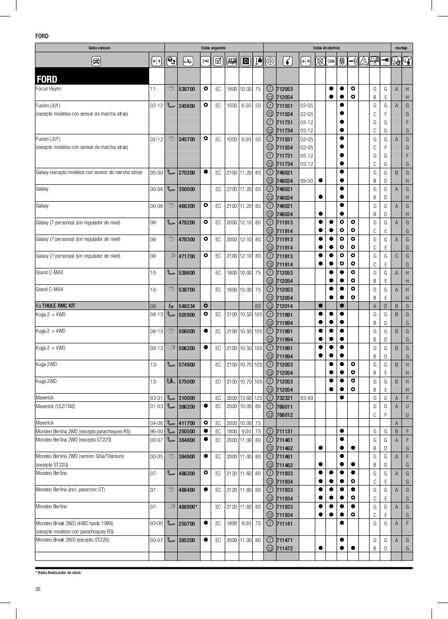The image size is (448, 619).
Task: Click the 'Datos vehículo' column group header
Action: click(x=99, y=48)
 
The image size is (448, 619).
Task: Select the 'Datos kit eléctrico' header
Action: click(x=326, y=48)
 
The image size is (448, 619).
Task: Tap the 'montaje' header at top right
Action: click(x=402, y=48)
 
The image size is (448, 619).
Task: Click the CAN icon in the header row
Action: click(x=331, y=61)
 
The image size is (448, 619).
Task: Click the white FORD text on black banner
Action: click(x=47, y=79)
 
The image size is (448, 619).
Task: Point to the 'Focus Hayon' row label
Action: click(x=48, y=89)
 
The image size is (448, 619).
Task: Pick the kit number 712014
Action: click(x=284, y=306)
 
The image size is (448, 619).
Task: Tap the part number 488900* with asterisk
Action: click(x=188, y=507)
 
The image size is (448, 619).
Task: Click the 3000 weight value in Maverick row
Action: click(x=232, y=398)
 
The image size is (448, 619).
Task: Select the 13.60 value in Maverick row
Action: click(x=246, y=398)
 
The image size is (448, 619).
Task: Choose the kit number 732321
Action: click(x=284, y=398)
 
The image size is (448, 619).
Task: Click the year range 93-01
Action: click(x=156, y=398)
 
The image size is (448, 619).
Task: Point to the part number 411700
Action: click(x=186, y=423)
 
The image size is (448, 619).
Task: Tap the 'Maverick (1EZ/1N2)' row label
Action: click(x=55, y=406)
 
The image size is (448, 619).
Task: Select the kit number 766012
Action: click(x=284, y=415)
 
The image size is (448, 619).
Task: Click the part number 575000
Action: click(x=186, y=382)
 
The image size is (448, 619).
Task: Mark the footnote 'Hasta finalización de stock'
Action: click(x=59, y=573)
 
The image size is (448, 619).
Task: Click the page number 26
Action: click(x=38, y=589)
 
